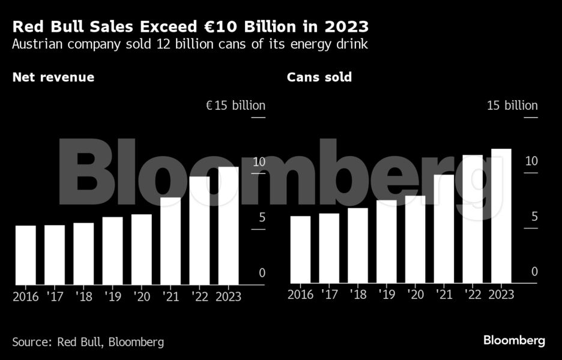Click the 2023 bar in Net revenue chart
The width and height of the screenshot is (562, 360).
(x=228, y=226)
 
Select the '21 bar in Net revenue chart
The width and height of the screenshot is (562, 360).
(x=171, y=241)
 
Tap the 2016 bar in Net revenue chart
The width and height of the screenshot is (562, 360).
(x=26, y=255)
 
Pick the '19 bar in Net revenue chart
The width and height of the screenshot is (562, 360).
(x=112, y=251)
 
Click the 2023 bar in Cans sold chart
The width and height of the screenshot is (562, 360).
(x=501, y=216)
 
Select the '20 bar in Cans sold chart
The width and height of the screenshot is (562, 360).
(x=415, y=239)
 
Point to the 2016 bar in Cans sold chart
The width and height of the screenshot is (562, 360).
(x=300, y=250)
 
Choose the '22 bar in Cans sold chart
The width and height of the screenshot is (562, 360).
(x=473, y=219)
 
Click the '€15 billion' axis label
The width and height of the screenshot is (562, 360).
(x=235, y=106)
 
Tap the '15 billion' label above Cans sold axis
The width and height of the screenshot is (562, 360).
(x=512, y=106)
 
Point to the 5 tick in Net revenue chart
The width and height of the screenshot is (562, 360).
(x=262, y=217)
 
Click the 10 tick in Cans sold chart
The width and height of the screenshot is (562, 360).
(x=531, y=161)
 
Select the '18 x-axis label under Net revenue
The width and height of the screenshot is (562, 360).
(x=83, y=296)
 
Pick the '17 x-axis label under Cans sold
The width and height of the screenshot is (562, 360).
(x=329, y=295)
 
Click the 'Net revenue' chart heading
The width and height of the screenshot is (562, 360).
(x=53, y=77)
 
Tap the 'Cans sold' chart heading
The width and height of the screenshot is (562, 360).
(x=319, y=77)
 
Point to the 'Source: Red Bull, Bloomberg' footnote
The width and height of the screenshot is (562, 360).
(x=88, y=341)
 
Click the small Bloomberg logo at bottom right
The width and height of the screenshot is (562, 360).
(x=515, y=340)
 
